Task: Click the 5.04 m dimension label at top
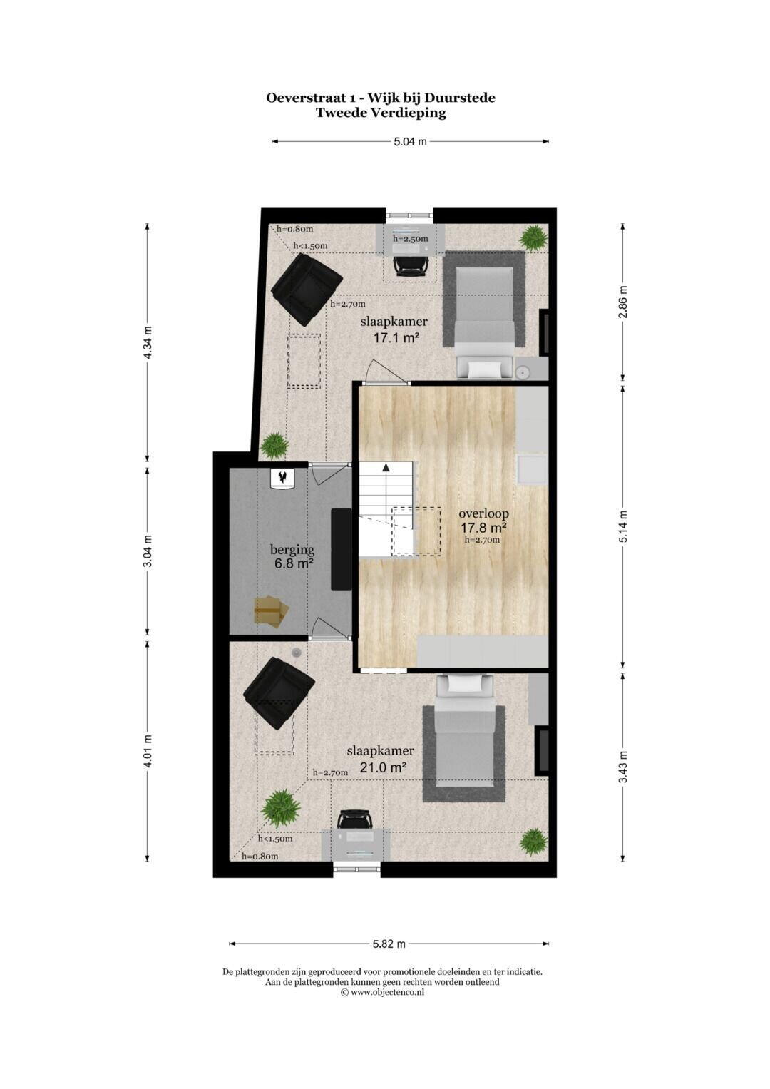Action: pos(410,141)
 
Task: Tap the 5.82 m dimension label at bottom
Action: pos(389,944)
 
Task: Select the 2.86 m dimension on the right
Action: pos(623,302)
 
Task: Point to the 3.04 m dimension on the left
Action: pos(148,551)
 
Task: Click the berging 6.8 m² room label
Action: pos(292,556)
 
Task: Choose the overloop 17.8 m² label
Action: pos(483,521)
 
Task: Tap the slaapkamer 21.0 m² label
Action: pos(380,760)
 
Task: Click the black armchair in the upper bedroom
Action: pos(306,287)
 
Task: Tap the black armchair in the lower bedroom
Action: pos(279,692)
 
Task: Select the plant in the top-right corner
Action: pos(532,237)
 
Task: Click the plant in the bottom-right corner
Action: pos(533,842)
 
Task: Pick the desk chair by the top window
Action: pos(411,265)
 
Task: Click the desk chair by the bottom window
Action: pos(355,819)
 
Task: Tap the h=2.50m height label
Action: pos(411,239)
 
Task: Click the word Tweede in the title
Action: pos(341,112)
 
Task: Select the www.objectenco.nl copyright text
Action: pos(382,991)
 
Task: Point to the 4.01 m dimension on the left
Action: pos(148,751)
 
